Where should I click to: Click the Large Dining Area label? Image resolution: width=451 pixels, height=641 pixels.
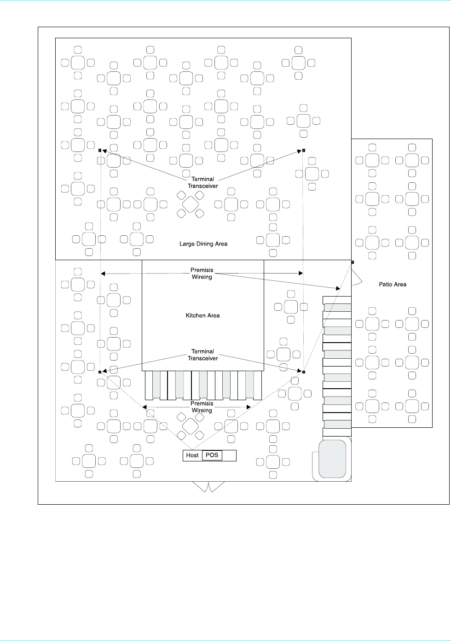click(203, 244)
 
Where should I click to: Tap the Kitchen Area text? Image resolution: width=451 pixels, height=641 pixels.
click(202, 315)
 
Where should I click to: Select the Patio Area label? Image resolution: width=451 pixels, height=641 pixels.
click(393, 284)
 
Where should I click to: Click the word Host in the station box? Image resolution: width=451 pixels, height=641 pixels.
click(192, 455)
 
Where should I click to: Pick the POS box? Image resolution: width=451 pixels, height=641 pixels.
click(212, 455)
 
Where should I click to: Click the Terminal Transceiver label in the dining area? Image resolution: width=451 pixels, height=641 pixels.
click(202, 182)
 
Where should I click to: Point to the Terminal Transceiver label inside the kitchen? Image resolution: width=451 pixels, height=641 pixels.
click(202, 355)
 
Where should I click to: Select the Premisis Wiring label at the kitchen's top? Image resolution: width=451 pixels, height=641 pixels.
click(202, 274)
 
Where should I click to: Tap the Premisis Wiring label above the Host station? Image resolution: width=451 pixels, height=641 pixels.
click(202, 407)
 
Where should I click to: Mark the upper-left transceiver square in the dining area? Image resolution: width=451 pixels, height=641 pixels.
click(100, 150)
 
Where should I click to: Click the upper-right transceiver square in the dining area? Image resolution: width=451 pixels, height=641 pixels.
click(304, 150)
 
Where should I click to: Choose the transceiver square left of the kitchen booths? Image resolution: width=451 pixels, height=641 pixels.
click(100, 372)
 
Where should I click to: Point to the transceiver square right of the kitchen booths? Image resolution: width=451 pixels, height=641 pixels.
click(304, 372)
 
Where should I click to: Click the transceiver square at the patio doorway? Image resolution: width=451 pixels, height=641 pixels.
click(353, 262)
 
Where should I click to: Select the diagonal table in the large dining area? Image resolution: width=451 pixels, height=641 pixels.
click(191, 204)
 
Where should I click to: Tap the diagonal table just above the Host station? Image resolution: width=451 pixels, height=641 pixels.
click(191, 426)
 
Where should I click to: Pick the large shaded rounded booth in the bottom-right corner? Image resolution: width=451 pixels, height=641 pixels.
click(332, 458)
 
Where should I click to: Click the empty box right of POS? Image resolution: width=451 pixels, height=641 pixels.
click(229, 455)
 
